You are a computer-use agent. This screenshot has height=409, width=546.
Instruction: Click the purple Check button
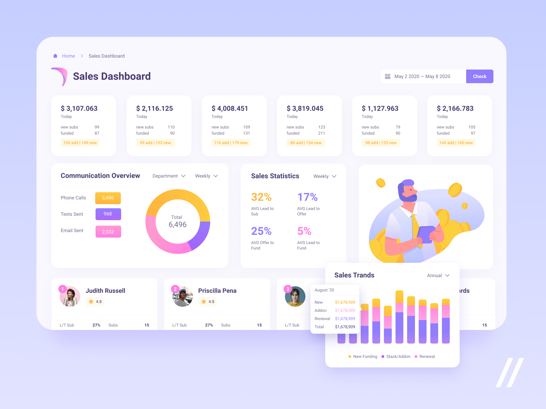click(479, 76)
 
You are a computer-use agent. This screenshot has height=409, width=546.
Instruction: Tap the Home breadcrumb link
click(68, 56)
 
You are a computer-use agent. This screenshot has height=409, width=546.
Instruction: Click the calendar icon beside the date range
click(388, 76)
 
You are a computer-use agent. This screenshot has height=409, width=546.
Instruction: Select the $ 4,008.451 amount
click(230, 108)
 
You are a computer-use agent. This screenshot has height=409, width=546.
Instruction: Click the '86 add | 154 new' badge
click(306, 143)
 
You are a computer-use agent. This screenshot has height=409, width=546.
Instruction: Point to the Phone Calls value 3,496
click(108, 198)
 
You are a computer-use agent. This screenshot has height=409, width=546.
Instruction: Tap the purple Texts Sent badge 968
click(108, 214)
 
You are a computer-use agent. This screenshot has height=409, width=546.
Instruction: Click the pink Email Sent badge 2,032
click(108, 232)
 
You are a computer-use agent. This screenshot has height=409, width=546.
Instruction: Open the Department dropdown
click(169, 176)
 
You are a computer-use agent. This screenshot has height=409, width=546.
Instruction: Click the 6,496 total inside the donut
click(177, 225)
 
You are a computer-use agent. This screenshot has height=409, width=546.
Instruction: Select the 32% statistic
click(261, 197)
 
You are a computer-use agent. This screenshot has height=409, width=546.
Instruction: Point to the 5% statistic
click(304, 231)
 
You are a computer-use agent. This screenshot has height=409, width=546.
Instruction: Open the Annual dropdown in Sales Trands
click(438, 275)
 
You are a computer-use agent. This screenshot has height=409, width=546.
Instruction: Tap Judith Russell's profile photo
click(70, 297)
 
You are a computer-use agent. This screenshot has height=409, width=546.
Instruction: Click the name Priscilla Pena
click(217, 291)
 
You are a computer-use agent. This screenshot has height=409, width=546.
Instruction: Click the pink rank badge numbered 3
click(288, 289)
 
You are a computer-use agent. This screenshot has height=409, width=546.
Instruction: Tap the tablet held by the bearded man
click(426, 234)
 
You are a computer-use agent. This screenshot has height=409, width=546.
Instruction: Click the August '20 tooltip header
click(325, 290)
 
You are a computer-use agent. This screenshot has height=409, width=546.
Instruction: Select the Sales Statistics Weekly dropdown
click(325, 176)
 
